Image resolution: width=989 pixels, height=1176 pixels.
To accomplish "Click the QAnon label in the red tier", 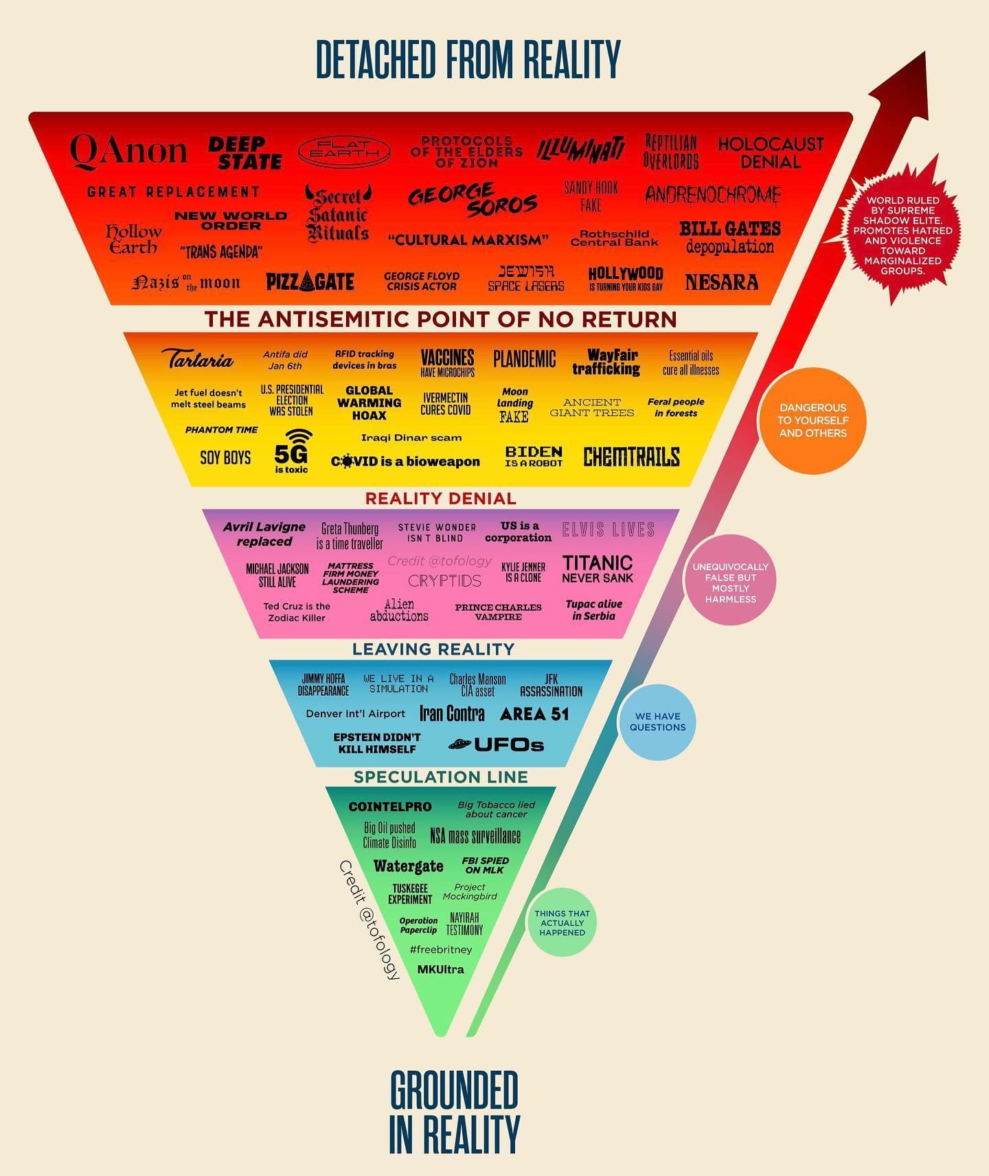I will point(128,150).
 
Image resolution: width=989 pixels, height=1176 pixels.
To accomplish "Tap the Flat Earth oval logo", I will point(344,151).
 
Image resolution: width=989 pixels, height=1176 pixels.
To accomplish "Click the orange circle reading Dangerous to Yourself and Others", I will point(812,420).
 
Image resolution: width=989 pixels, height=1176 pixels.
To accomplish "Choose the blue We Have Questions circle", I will point(657,722).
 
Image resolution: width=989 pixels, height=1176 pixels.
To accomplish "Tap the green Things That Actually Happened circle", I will point(562,923).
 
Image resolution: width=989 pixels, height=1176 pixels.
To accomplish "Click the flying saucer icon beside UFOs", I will point(459,744).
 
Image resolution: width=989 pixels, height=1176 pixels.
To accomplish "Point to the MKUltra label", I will point(440,969).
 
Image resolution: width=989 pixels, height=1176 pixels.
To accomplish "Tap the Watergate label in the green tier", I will point(408,866).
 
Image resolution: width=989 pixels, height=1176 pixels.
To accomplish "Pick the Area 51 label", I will point(534,714).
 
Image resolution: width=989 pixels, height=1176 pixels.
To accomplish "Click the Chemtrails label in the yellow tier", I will point(631,457).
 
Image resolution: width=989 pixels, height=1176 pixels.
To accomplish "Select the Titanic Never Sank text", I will point(597,569).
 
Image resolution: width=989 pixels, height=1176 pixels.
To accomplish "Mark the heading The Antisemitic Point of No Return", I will point(440,319).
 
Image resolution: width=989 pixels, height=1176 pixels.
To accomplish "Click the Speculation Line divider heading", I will point(440,777).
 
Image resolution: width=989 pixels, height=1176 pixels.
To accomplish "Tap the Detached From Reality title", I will point(468,60).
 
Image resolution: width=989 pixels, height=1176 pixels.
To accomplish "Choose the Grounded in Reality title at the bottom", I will point(453,1111).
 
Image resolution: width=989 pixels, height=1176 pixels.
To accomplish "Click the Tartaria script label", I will point(198,359).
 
